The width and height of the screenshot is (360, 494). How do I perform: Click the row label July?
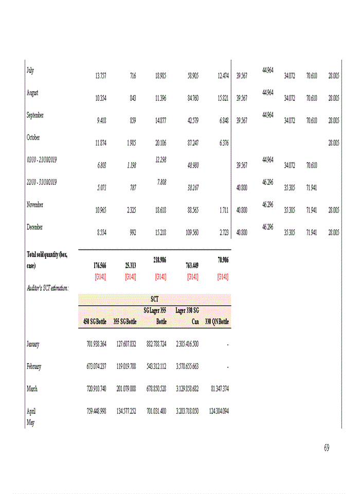click(30, 70)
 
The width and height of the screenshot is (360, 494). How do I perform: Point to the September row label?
click(35, 115)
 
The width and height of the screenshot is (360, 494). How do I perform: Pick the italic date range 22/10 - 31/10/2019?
click(42, 182)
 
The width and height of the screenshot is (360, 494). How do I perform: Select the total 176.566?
click(98, 266)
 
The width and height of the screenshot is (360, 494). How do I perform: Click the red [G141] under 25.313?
click(131, 276)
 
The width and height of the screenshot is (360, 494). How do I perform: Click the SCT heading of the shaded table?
click(154, 299)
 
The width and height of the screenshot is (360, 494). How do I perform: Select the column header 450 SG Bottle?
click(95, 322)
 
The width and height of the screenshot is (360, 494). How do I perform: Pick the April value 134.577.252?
click(124, 412)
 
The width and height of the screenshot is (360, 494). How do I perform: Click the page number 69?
click(327, 448)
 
